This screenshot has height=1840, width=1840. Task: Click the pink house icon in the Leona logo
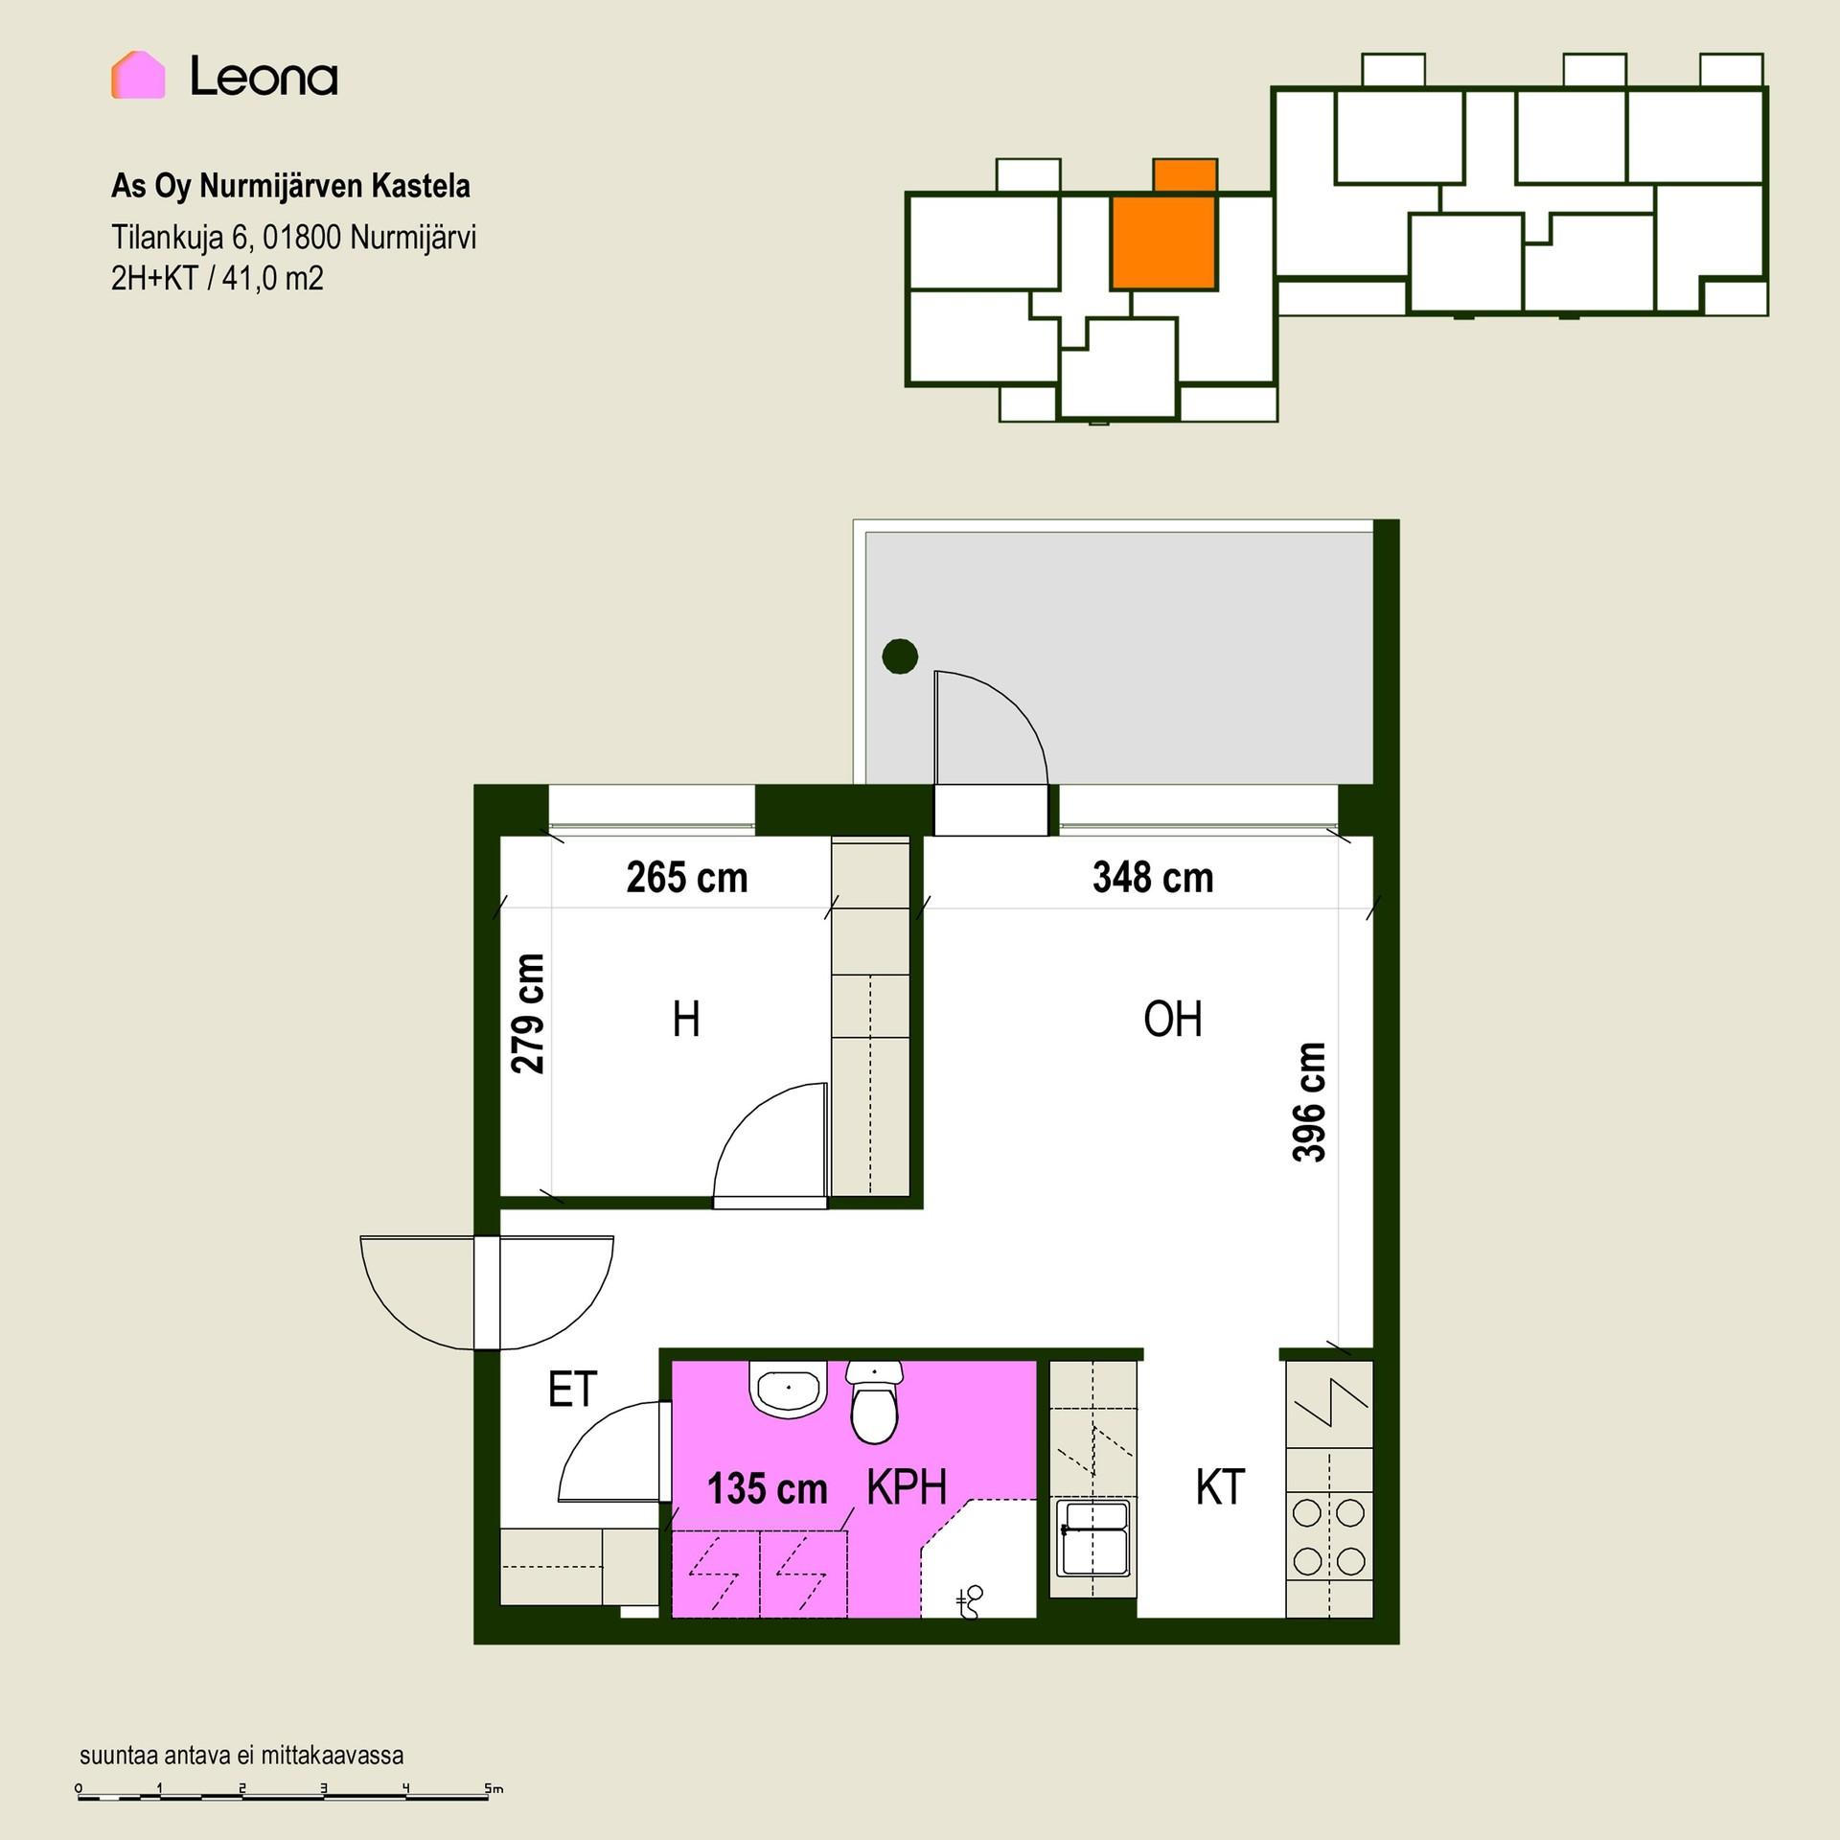click(x=138, y=75)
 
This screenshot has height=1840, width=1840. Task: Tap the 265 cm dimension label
click(x=687, y=878)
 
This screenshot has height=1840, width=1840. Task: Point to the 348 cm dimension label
click(x=1153, y=878)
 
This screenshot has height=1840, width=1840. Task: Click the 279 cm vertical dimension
click(x=527, y=1013)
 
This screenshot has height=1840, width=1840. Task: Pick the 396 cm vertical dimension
click(x=1309, y=1102)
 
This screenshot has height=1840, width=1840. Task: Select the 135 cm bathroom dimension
click(x=767, y=1488)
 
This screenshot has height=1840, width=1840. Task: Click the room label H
click(x=686, y=1019)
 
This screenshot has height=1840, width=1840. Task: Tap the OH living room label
click(x=1173, y=1019)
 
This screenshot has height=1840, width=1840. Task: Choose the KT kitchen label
click(x=1220, y=1487)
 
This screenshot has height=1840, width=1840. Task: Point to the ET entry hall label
click(x=572, y=1389)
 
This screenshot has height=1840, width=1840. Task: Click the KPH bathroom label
click(x=907, y=1487)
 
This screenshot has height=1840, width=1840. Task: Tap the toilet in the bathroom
click(x=874, y=1402)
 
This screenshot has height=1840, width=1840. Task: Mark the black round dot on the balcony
click(x=900, y=656)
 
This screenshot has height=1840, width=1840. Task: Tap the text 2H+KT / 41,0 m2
click(x=218, y=278)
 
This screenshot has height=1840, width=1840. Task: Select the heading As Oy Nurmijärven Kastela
click(x=290, y=186)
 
